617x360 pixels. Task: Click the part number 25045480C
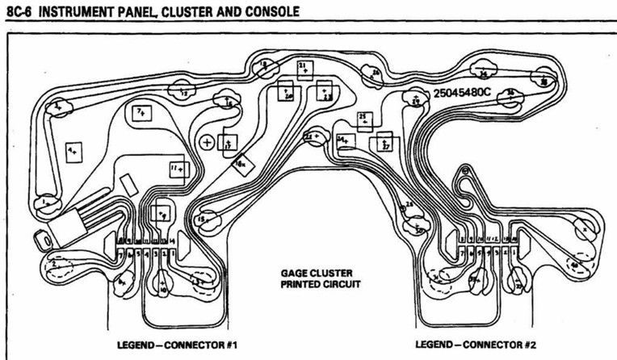coord(462,93)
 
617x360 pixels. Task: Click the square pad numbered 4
coord(73,151)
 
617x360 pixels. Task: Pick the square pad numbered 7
coord(143,111)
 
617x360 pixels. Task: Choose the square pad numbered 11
coord(178,170)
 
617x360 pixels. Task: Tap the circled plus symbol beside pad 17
coord(208,142)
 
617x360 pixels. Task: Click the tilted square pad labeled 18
coord(240,165)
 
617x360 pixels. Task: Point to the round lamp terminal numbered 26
coord(374,76)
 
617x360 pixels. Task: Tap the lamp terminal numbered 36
coord(544,82)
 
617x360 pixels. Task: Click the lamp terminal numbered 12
coord(185,94)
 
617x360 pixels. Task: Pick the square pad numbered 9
coord(163,213)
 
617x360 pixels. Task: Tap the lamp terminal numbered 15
coord(208,219)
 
